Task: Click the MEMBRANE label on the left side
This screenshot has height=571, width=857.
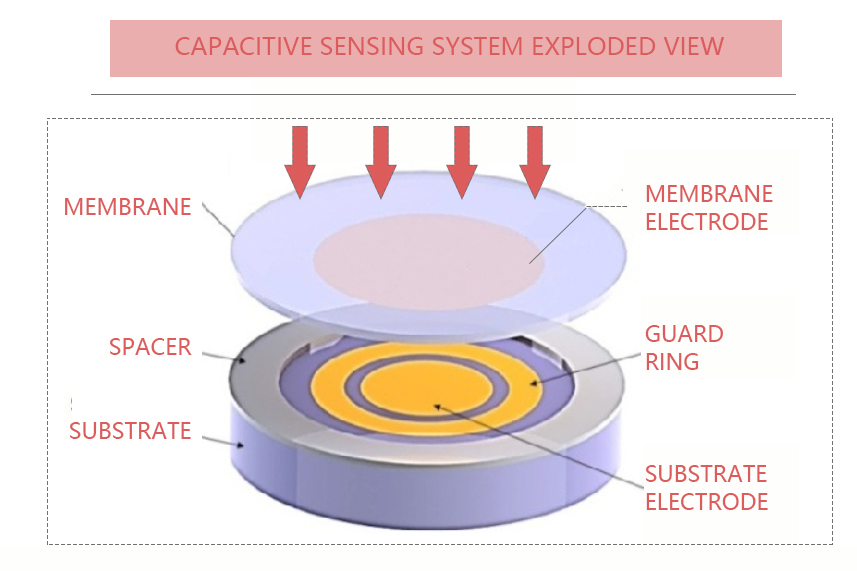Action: pyautogui.click(x=127, y=207)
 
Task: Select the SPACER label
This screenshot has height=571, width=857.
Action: pyautogui.click(x=150, y=347)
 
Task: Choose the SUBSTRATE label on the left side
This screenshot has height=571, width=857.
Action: pyautogui.click(x=130, y=430)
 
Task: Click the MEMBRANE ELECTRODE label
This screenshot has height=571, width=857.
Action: pyautogui.click(x=707, y=207)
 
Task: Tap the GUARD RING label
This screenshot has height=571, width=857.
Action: pyautogui.click(x=684, y=347)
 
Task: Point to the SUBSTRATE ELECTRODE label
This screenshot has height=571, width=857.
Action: pyautogui.click(x=706, y=487)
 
